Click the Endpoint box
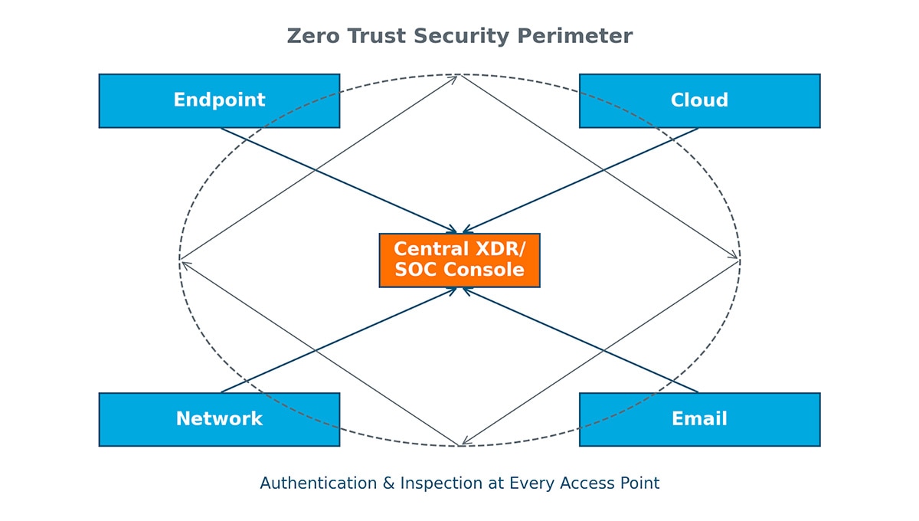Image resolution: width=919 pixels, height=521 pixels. coord(219,100)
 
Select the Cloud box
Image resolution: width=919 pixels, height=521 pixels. coord(699,100)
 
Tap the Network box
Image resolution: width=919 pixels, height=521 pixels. coord(219,419)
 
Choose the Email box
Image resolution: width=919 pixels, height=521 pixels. coord(699,419)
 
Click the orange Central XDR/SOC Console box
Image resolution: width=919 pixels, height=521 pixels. coord(459,260)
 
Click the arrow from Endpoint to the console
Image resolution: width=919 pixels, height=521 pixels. coord(337,179)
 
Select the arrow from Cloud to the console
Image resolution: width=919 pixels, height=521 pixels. coord(582,179)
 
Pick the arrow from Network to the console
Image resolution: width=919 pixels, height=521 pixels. coord(337,341)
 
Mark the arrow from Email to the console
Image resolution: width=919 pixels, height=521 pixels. coord(582,341)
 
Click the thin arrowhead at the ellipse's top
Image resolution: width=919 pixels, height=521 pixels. coord(455,77)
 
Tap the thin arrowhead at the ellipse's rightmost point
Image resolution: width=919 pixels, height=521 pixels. coord(736,257)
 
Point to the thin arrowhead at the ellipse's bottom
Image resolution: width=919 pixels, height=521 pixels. coord(464,442)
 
